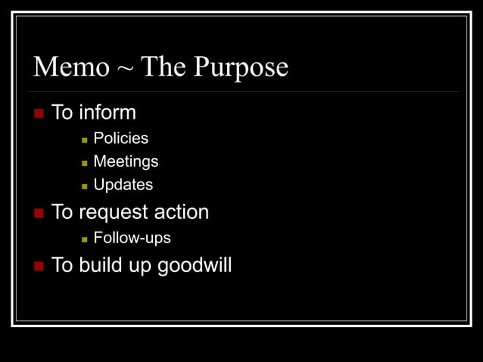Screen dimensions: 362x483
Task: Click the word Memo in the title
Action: tap(71, 68)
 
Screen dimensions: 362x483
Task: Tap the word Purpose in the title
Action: tap(241, 68)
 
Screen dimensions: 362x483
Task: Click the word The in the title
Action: tap(164, 67)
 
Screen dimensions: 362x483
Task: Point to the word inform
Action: tap(108, 113)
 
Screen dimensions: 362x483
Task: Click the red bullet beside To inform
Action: tap(39, 114)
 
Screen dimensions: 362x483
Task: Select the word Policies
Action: tap(120, 139)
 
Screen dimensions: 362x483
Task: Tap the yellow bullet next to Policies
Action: tap(85, 139)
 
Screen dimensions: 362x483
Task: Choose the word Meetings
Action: tap(126, 162)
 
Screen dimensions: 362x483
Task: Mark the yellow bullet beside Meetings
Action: tap(85, 163)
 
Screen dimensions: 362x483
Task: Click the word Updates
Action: tap(123, 186)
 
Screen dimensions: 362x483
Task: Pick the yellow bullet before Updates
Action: tap(85, 186)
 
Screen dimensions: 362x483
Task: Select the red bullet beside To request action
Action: tap(39, 213)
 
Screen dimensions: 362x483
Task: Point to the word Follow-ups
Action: tap(132, 238)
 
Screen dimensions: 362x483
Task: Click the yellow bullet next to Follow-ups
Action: tap(85, 239)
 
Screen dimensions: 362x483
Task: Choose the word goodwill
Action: tap(194, 267)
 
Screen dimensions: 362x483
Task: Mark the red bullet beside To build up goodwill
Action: tap(39, 267)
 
